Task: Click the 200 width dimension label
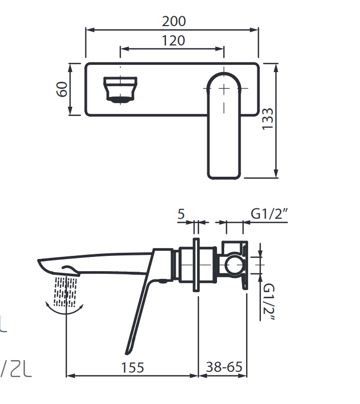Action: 174,21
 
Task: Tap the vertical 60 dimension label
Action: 62,89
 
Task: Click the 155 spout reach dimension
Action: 133,367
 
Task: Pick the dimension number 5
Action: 181,214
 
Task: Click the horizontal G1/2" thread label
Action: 270,214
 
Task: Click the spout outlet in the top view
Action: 121,89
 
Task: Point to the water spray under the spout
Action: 65,291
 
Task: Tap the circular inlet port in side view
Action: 234,265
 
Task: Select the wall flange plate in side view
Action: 197,265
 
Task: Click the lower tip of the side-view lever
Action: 128,351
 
